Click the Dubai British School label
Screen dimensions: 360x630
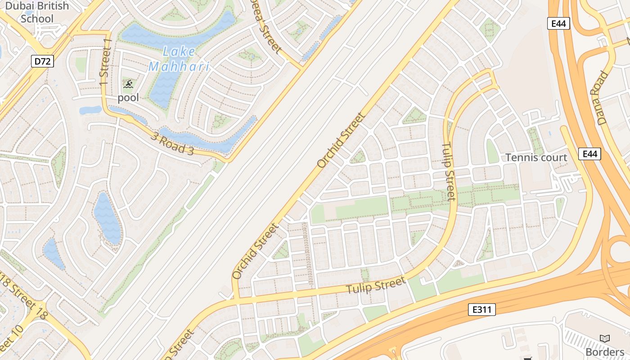click(x=37, y=12)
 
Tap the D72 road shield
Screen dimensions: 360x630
click(x=43, y=62)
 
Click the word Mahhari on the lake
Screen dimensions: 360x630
click(x=179, y=67)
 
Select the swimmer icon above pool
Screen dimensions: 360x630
click(x=128, y=84)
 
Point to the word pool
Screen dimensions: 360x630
click(x=128, y=98)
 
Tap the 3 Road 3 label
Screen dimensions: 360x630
click(x=171, y=144)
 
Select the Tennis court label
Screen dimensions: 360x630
click(x=536, y=157)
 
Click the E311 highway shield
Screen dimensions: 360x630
click(x=481, y=310)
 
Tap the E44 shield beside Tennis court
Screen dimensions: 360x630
click(x=589, y=154)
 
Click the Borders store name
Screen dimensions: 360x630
click(x=604, y=352)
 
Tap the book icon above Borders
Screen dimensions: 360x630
click(x=605, y=338)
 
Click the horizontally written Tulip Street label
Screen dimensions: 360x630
click(x=376, y=285)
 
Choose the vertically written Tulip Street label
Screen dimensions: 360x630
click(x=448, y=171)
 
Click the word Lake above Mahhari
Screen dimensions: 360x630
click(x=179, y=51)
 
